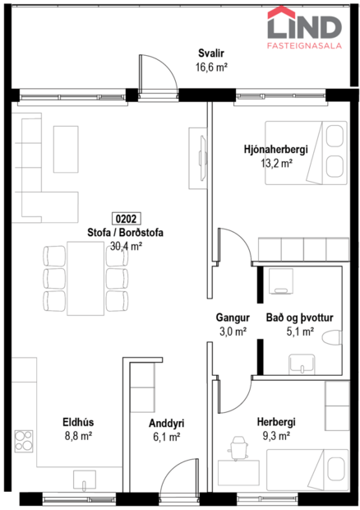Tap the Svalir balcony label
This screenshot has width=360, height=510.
point(210,53)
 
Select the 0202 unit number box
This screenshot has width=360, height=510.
point(126,220)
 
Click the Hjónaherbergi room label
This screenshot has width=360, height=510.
point(275,149)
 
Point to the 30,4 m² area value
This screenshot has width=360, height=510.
point(126,245)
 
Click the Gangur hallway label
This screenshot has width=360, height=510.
point(232,318)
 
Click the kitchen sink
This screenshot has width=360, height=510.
point(85,478)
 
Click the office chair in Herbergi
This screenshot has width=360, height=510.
point(238,449)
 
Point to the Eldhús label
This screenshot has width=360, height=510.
point(76,424)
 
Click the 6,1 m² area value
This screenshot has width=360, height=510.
point(166,438)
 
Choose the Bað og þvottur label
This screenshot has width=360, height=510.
point(302,318)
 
